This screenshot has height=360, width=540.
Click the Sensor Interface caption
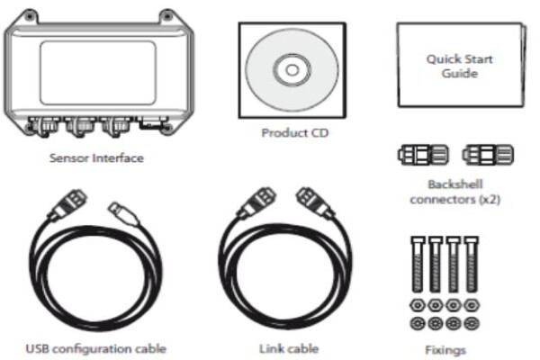96,158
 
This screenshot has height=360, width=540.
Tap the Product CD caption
295,132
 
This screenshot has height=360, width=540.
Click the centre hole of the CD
292,70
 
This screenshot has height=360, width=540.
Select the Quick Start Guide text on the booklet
459,66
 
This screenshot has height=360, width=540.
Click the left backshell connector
423,155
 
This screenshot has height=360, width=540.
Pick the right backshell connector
488,155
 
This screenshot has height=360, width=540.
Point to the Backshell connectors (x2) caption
454,192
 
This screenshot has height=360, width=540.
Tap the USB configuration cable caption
96,348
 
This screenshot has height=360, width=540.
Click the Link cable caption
289,348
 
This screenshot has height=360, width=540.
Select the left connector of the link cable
256,203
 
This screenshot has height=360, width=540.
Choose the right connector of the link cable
315,203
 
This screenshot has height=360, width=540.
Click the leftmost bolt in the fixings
418,265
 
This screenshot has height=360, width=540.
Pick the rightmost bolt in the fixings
471,265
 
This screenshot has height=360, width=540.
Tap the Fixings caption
445,350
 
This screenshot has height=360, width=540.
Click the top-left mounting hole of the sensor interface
30,16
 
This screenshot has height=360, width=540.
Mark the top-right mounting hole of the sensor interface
167,16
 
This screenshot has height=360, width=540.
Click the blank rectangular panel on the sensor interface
98,73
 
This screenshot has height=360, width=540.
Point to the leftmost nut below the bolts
418,305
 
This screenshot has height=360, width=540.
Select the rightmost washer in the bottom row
471,323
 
